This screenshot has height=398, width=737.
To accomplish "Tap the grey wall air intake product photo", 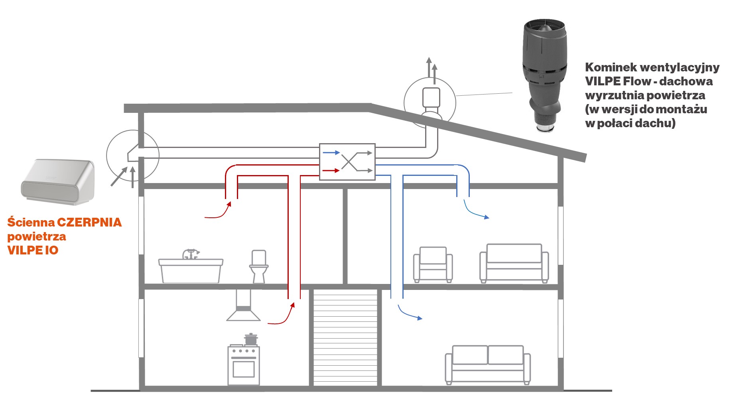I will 58,182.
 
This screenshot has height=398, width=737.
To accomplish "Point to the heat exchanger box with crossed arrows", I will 347,162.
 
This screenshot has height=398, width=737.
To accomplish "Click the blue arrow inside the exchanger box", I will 331,153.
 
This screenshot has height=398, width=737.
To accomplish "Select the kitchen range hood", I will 243,307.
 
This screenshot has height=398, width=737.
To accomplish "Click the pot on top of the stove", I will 250,339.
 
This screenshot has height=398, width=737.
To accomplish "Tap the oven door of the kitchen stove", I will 243,369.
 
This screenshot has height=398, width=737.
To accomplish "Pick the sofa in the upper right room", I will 514,263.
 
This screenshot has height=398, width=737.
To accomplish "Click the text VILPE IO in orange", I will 33,250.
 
